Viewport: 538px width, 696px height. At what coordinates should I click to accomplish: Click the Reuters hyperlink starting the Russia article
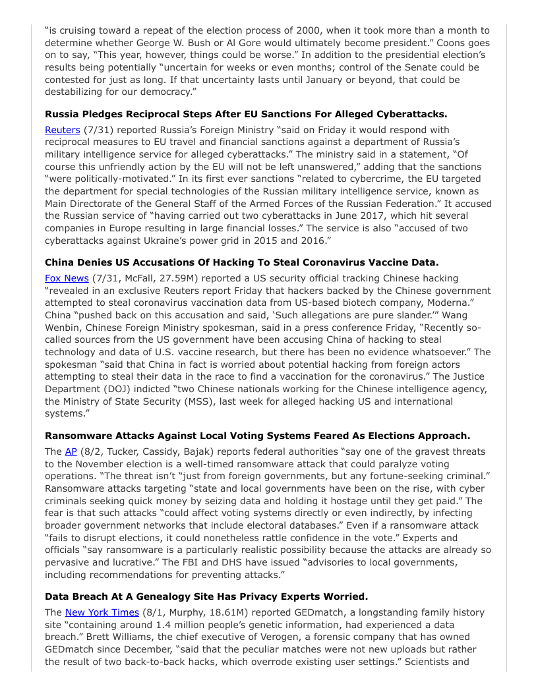62,130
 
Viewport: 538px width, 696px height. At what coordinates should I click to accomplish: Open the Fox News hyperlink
67,278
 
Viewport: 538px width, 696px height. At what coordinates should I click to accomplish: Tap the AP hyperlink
71,451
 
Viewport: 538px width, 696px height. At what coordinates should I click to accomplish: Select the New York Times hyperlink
102,612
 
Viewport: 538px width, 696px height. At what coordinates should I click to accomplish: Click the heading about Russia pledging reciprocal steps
246,114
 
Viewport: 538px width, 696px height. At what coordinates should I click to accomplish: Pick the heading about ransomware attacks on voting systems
257,436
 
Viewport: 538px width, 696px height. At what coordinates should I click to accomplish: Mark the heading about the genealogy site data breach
206,596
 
